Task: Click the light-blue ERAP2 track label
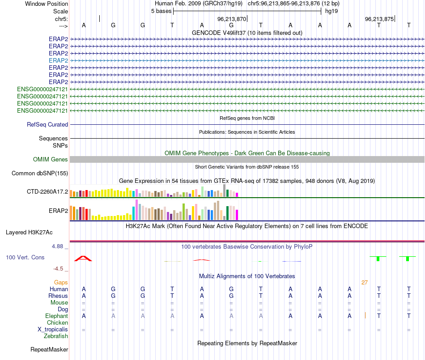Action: click(x=58, y=60)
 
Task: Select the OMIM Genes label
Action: click(x=51, y=160)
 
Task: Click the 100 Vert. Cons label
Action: click(x=25, y=258)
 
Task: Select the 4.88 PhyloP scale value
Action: click(x=58, y=246)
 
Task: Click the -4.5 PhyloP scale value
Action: click(x=59, y=269)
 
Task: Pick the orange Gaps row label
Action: click(x=61, y=283)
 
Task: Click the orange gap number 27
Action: click(x=365, y=283)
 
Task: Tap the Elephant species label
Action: click(x=57, y=316)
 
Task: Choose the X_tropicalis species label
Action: click(x=53, y=330)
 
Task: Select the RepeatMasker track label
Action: click(x=49, y=350)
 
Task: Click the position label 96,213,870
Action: click(x=232, y=19)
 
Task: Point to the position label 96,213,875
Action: click(x=379, y=19)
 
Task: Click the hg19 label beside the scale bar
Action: click(x=331, y=11)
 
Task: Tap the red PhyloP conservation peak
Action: click(x=83, y=258)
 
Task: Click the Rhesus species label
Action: click(x=59, y=296)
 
